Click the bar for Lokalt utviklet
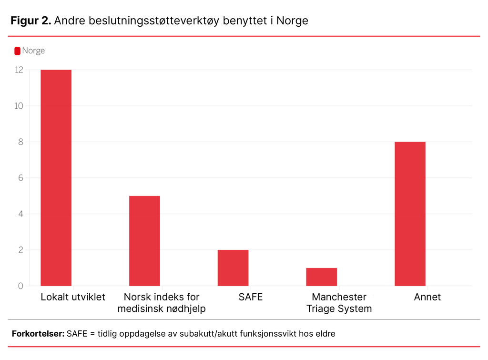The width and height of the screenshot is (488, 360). point(56,178)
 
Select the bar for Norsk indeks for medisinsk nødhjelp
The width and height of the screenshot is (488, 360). point(144,241)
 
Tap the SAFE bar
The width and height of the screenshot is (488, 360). point(233,268)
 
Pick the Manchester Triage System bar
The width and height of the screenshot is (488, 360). point(321,277)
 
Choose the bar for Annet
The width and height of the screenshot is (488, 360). point(410,214)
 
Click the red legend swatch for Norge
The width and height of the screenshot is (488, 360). point(18,51)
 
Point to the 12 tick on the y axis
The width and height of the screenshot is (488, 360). point(19,70)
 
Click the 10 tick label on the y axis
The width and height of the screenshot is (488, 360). point(19,106)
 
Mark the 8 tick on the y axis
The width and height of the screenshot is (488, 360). point(20,142)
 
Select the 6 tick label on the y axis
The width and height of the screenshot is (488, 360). point(20,178)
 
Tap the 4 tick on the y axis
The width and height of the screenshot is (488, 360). point(20,214)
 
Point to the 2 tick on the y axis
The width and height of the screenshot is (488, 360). point(20,250)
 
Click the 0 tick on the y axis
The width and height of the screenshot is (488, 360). point(20,286)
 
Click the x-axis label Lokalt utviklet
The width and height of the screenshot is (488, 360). point(73,297)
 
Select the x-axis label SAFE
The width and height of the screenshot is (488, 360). point(251,297)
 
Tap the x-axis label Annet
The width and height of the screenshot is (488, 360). point(427,297)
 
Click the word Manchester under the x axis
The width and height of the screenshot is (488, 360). point(339,297)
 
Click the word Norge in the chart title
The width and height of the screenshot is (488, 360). point(292,21)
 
